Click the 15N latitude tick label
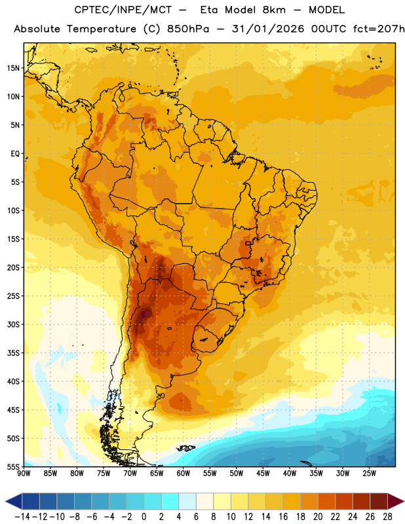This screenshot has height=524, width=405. [13, 68]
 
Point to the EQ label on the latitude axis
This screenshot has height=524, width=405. [15, 154]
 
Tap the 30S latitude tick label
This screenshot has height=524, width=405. [13, 324]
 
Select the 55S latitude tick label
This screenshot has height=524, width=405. [13, 466]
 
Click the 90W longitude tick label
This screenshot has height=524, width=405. [24, 473]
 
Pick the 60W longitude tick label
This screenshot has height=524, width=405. [183, 473]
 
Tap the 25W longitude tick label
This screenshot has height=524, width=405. [369, 473]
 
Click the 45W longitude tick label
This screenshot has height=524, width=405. [263, 473]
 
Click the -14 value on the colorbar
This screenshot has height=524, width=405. [22, 517]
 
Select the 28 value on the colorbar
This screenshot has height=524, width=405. [387, 517]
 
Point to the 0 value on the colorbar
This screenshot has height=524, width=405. [144, 517]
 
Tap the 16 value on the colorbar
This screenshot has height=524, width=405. [283, 517]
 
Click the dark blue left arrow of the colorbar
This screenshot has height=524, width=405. [14, 501]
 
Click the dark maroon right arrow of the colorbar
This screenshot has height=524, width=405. [396, 501]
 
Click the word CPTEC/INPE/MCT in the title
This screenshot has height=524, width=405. [123, 10]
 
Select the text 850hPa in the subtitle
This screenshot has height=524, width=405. [188, 29]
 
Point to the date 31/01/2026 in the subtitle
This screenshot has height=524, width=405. [268, 29]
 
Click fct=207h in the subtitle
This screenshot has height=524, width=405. [379, 29]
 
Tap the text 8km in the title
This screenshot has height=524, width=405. [274, 10]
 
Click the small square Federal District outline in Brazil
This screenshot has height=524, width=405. [248, 243]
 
